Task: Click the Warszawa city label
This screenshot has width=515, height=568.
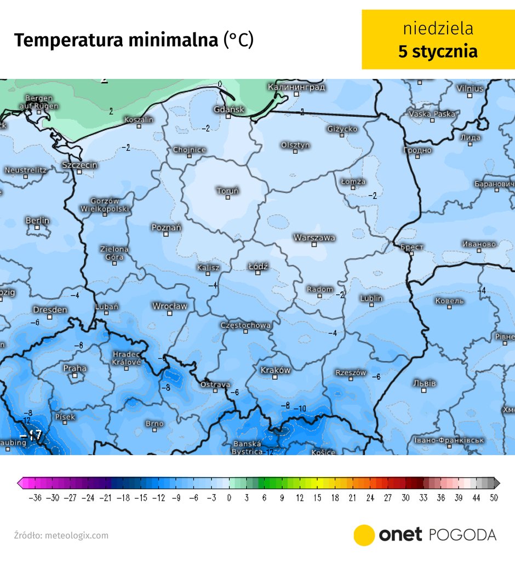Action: click(314, 238)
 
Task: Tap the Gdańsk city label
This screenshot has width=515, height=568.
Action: click(229, 110)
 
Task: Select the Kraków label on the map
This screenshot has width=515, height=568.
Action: click(275, 370)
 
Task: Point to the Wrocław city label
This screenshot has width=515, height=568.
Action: click(169, 306)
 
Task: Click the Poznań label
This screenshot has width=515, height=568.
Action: click(166, 227)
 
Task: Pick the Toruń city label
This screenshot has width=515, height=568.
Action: click(227, 191)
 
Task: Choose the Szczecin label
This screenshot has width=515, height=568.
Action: click(79, 165)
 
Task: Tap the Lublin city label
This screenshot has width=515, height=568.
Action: click(371, 299)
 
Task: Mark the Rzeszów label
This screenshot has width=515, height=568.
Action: click(351, 373)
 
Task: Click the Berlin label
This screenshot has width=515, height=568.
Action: click(37, 220)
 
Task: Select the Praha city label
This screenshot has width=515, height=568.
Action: click(75, 368)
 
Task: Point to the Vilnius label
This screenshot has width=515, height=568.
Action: click(470, 88)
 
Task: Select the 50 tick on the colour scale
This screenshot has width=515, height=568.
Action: click(495, 498)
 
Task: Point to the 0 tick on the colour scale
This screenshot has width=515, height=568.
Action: click(229, 498)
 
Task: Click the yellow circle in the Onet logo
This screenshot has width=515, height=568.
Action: click(364, 535)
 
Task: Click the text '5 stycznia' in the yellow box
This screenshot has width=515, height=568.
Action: click(437, 51)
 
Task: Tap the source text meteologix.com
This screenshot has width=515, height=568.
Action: click(77, 535)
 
